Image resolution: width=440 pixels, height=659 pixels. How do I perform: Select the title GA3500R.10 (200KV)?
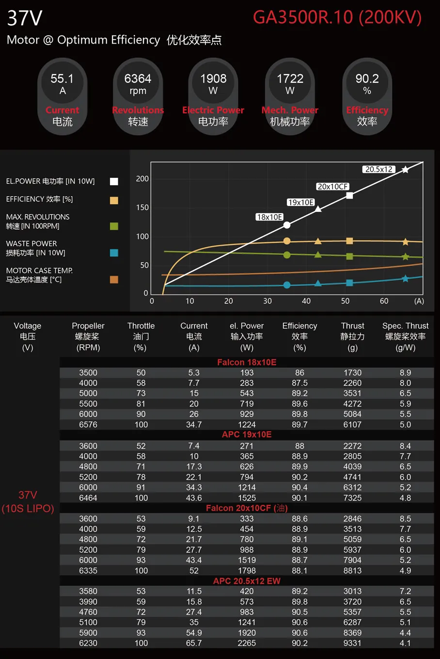point(337,17)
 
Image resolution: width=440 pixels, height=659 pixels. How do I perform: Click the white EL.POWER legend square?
point(114,181)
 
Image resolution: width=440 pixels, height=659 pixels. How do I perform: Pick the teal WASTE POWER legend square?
point(114,252)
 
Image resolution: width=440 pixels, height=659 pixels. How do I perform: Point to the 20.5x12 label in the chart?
point(379,169)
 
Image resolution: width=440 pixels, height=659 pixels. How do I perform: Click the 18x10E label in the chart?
point(270,217)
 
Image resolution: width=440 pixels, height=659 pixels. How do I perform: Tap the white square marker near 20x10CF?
point(349,196)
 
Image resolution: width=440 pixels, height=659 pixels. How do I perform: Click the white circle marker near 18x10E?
point(287,225)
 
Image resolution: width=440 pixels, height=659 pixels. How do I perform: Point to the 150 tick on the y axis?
point(142,207)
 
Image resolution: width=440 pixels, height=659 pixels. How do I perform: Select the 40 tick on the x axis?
point(306,301)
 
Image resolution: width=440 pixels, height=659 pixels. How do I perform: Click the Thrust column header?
point(352,336)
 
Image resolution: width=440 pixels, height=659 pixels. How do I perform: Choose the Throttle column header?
point(141,336)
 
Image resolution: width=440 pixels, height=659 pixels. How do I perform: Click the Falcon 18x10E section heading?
point(247,362)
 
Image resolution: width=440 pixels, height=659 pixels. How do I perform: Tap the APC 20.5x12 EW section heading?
point(247,581)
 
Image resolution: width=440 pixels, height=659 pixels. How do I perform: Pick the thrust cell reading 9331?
point(352,643)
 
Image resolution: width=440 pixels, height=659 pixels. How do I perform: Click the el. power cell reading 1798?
point(247,570)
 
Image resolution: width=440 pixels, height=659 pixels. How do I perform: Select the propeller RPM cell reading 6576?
point(88,424)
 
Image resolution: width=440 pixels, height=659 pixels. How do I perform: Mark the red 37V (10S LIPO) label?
point(28,502)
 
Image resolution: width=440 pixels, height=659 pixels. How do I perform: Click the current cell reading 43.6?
point(194,498)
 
